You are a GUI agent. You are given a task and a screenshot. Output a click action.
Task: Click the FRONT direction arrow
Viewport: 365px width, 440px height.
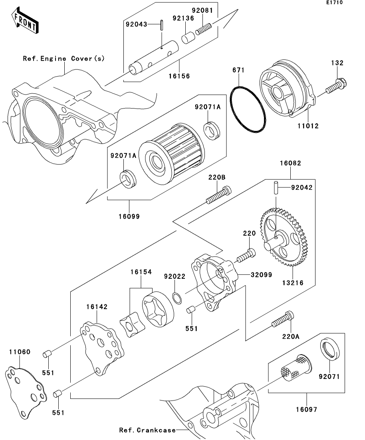(25, 21)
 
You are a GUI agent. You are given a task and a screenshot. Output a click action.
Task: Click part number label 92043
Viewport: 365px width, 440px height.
(136, 24)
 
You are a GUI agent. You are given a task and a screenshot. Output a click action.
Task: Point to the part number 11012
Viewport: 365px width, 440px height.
(308, 126)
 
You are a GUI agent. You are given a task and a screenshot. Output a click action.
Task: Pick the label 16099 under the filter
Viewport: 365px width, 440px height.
(129, 216)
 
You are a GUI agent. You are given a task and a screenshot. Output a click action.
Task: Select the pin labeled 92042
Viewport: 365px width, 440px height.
(276, 187)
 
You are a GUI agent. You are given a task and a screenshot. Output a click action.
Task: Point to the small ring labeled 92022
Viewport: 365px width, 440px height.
(177, 298)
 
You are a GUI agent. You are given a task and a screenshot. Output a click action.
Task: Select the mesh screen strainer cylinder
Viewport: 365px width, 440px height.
(296, 368)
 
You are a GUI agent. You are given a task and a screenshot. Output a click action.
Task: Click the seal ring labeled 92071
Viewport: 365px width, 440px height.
(330, 349)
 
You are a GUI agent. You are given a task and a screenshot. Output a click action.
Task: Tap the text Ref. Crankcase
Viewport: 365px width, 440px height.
(147, 430)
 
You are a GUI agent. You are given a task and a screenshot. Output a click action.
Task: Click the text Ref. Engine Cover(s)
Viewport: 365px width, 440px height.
(64, 58)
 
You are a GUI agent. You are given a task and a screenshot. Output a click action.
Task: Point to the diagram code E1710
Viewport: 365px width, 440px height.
(334, 2)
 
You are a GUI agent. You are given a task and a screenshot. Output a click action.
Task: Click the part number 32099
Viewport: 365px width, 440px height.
(261, 274)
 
